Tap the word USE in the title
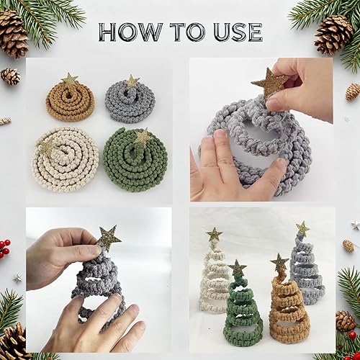point(235,32)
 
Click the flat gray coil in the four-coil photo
point(130,101)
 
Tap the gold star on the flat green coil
point(143,136)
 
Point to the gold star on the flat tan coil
point(70,79)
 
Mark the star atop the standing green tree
point(236,269)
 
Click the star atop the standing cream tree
point(214,234)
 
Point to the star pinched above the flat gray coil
point(270,82)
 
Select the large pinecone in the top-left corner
point(12,33)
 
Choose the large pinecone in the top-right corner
point(333,34)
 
